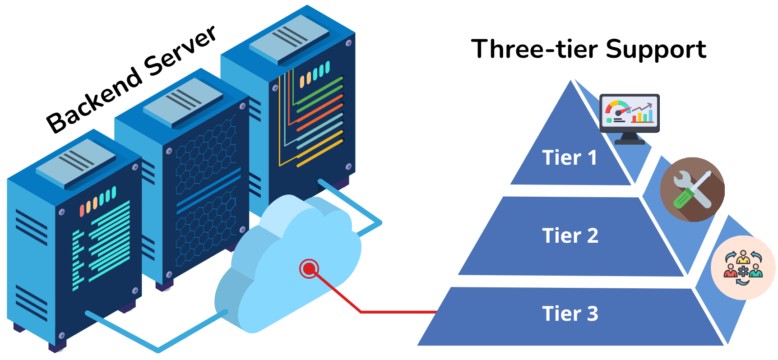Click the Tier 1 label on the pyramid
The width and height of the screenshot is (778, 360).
570,158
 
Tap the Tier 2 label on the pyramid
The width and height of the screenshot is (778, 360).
570,235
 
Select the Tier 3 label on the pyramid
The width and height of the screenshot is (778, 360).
570,314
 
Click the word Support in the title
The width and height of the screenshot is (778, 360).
656,50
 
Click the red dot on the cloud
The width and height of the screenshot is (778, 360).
309,269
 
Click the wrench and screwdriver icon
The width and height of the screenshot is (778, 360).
692,189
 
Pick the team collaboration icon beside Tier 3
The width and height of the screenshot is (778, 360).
743,268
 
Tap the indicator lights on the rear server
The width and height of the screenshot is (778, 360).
315,74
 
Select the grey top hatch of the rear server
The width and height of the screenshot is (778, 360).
289,38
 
